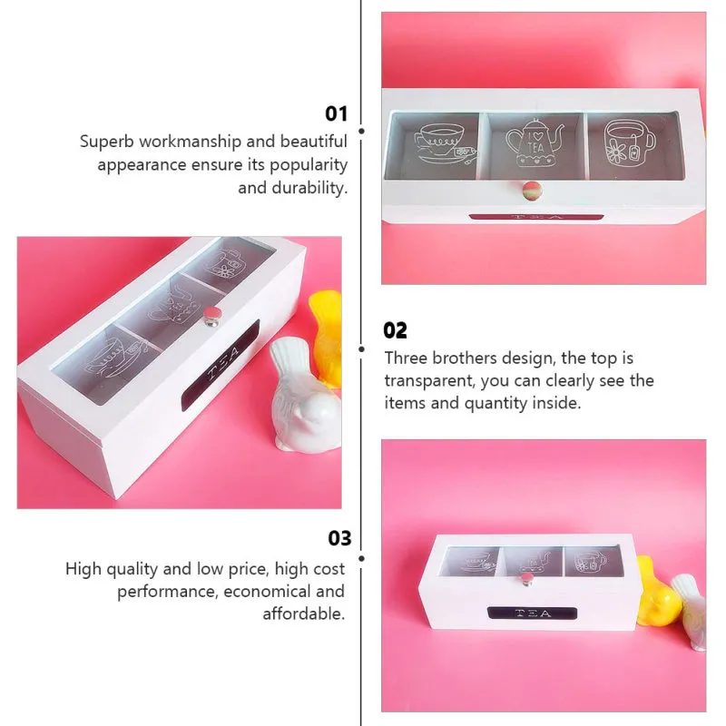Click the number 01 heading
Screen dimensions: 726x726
[336, 113]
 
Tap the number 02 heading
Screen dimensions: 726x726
[395, 330]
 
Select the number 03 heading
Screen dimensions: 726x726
[339, 538]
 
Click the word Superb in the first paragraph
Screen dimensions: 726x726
[107, 142]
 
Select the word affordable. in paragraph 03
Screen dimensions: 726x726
[304, 614]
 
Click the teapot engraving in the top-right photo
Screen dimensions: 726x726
[535, 143]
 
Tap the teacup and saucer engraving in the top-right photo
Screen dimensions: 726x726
[444, 143]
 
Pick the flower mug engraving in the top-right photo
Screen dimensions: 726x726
[629, 142]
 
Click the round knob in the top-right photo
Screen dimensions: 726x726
[532, 190]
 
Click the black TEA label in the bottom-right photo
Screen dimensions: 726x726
[533, 613]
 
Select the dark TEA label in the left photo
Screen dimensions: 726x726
[221, 364]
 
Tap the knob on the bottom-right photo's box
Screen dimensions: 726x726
[525, 579]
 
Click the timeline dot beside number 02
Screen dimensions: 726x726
[361, 349]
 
